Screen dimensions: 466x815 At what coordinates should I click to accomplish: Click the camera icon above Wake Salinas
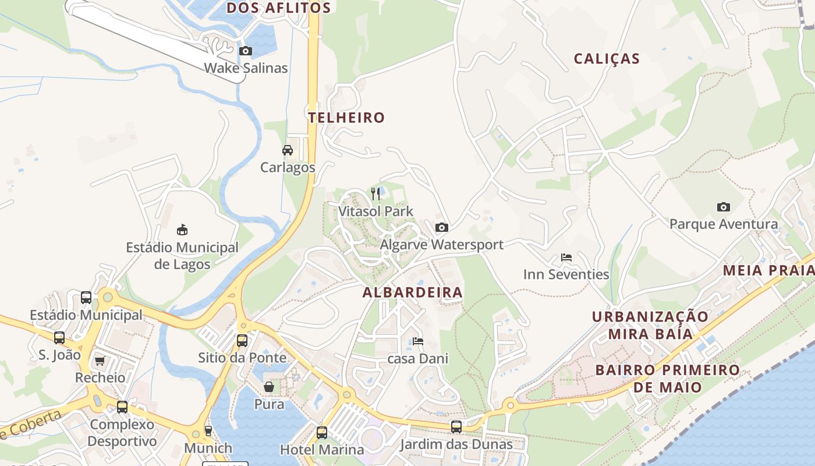pos(246,51)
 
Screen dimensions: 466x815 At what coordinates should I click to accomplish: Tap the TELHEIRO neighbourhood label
pos(346,118)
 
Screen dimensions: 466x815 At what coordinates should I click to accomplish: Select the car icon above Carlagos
pos(288,150)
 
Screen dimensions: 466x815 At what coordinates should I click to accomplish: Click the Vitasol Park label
pos(376,211)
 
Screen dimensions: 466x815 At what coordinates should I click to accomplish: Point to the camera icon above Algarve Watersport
pos(442,227)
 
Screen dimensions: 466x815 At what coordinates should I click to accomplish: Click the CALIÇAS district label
pos(607,59)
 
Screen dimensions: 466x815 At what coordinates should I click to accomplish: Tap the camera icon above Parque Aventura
pos(724,207)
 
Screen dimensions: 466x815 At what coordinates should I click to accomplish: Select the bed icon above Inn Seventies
pos(566,257)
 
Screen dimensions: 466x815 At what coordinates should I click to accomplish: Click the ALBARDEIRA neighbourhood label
pos(413,292)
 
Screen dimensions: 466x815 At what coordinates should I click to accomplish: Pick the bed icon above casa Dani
pos(418,341)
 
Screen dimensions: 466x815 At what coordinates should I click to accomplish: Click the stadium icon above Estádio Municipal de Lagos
pos(182,230)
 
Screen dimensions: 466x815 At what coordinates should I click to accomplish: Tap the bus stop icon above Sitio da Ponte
pos(242,341)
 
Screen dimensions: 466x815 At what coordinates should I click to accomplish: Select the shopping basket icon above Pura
pos(269,387)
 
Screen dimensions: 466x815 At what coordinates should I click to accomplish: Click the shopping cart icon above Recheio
pos(100,361)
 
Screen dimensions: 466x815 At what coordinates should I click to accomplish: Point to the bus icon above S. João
pos(59,338)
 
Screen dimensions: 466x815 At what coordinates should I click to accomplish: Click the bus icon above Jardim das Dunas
pos(456,427)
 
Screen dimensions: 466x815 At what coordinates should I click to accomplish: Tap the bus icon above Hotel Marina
pos(322,433)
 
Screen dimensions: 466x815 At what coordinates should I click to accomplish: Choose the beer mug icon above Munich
pos(208,431)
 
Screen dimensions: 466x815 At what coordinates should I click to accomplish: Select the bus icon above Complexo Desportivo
pos(122,407)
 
